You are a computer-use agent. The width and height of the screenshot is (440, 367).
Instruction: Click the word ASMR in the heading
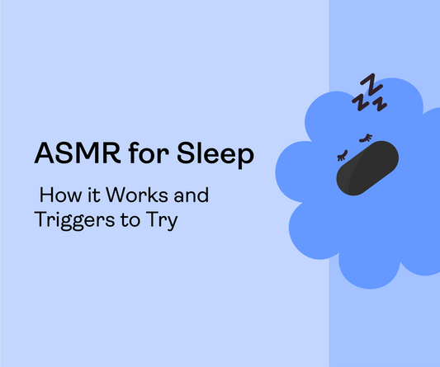(71, 155)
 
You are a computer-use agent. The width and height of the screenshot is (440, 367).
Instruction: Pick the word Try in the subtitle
(160, 222)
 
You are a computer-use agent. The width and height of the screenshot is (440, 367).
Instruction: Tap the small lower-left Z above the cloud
(359, 102)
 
